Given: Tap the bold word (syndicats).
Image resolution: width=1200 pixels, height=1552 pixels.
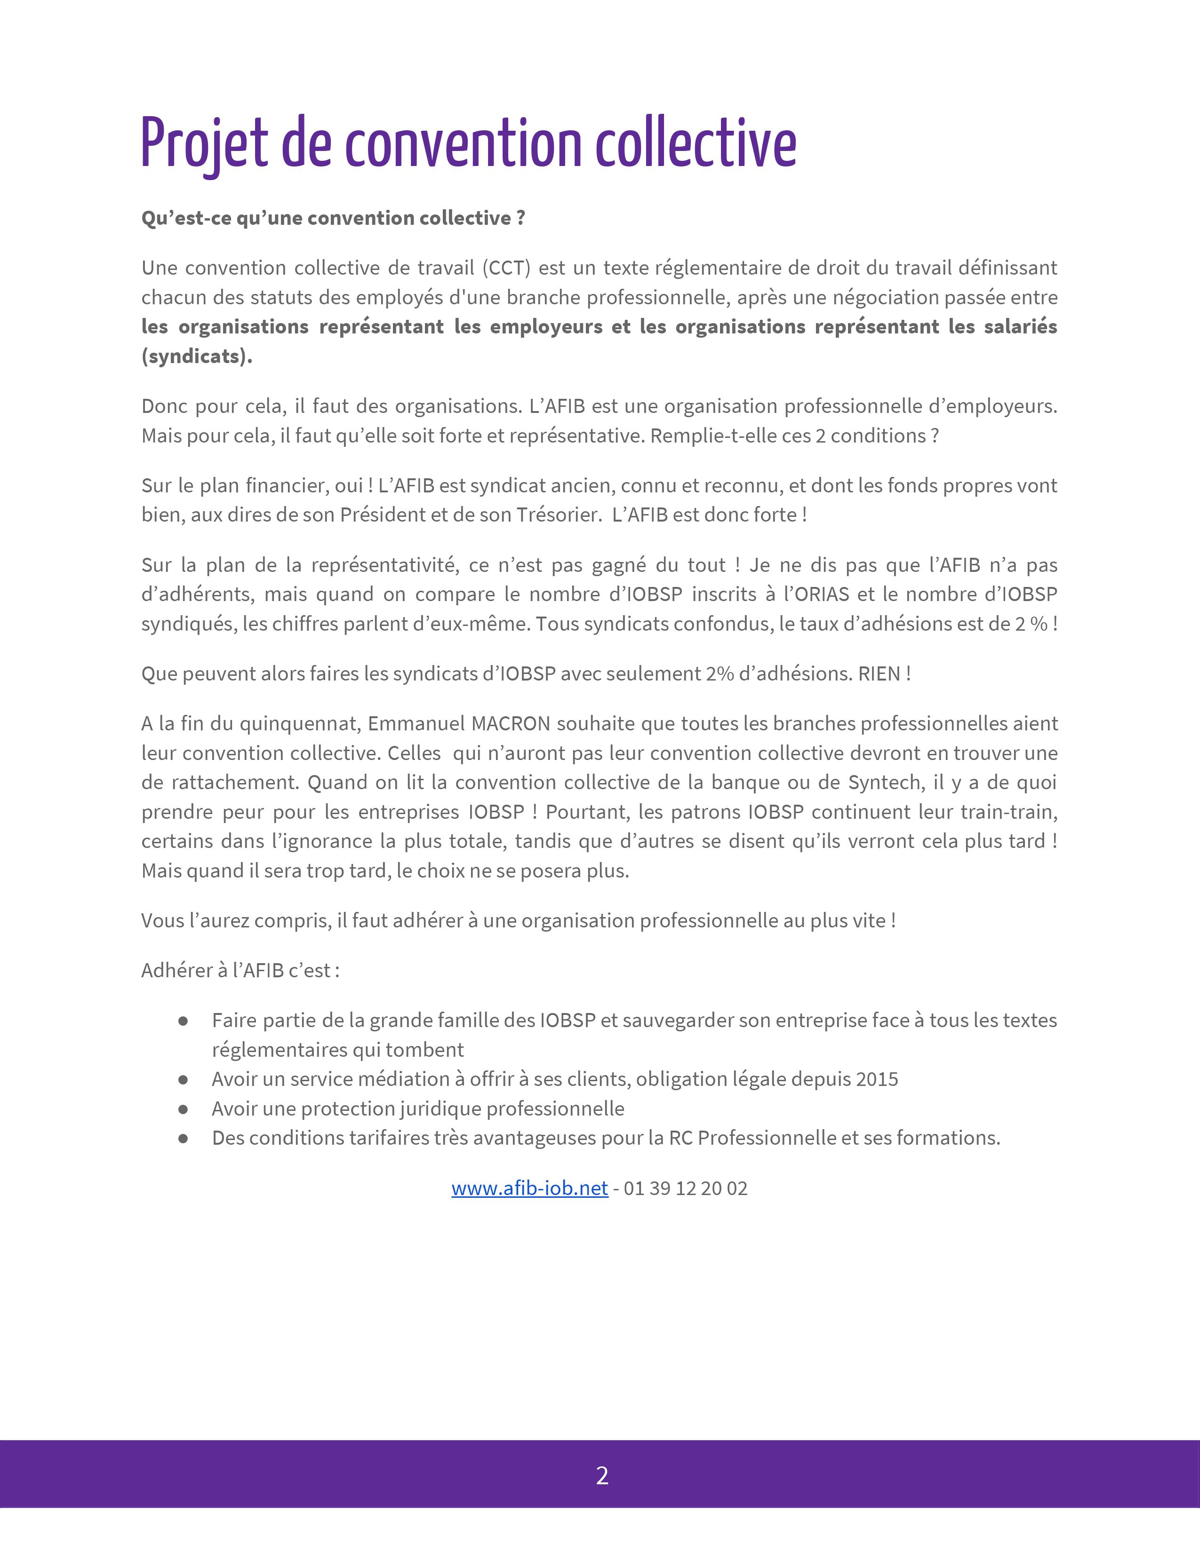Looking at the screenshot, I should pos(197,356).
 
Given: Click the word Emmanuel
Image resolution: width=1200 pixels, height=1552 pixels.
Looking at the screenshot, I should pos(416,723).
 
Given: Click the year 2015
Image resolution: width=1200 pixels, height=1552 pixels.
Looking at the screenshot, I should pos(877,1079).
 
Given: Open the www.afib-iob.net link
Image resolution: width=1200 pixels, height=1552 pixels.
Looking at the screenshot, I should pos(529,1188).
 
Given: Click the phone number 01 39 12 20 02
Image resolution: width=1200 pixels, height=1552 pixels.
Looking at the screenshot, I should pos(685,1188).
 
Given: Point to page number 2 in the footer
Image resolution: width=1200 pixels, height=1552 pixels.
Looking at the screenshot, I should pos(601,1476).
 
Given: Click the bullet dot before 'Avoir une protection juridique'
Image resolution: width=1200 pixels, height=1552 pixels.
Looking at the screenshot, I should pos(184,1109).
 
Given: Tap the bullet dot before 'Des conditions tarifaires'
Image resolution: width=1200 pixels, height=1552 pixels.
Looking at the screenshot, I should pos(184,1138).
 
